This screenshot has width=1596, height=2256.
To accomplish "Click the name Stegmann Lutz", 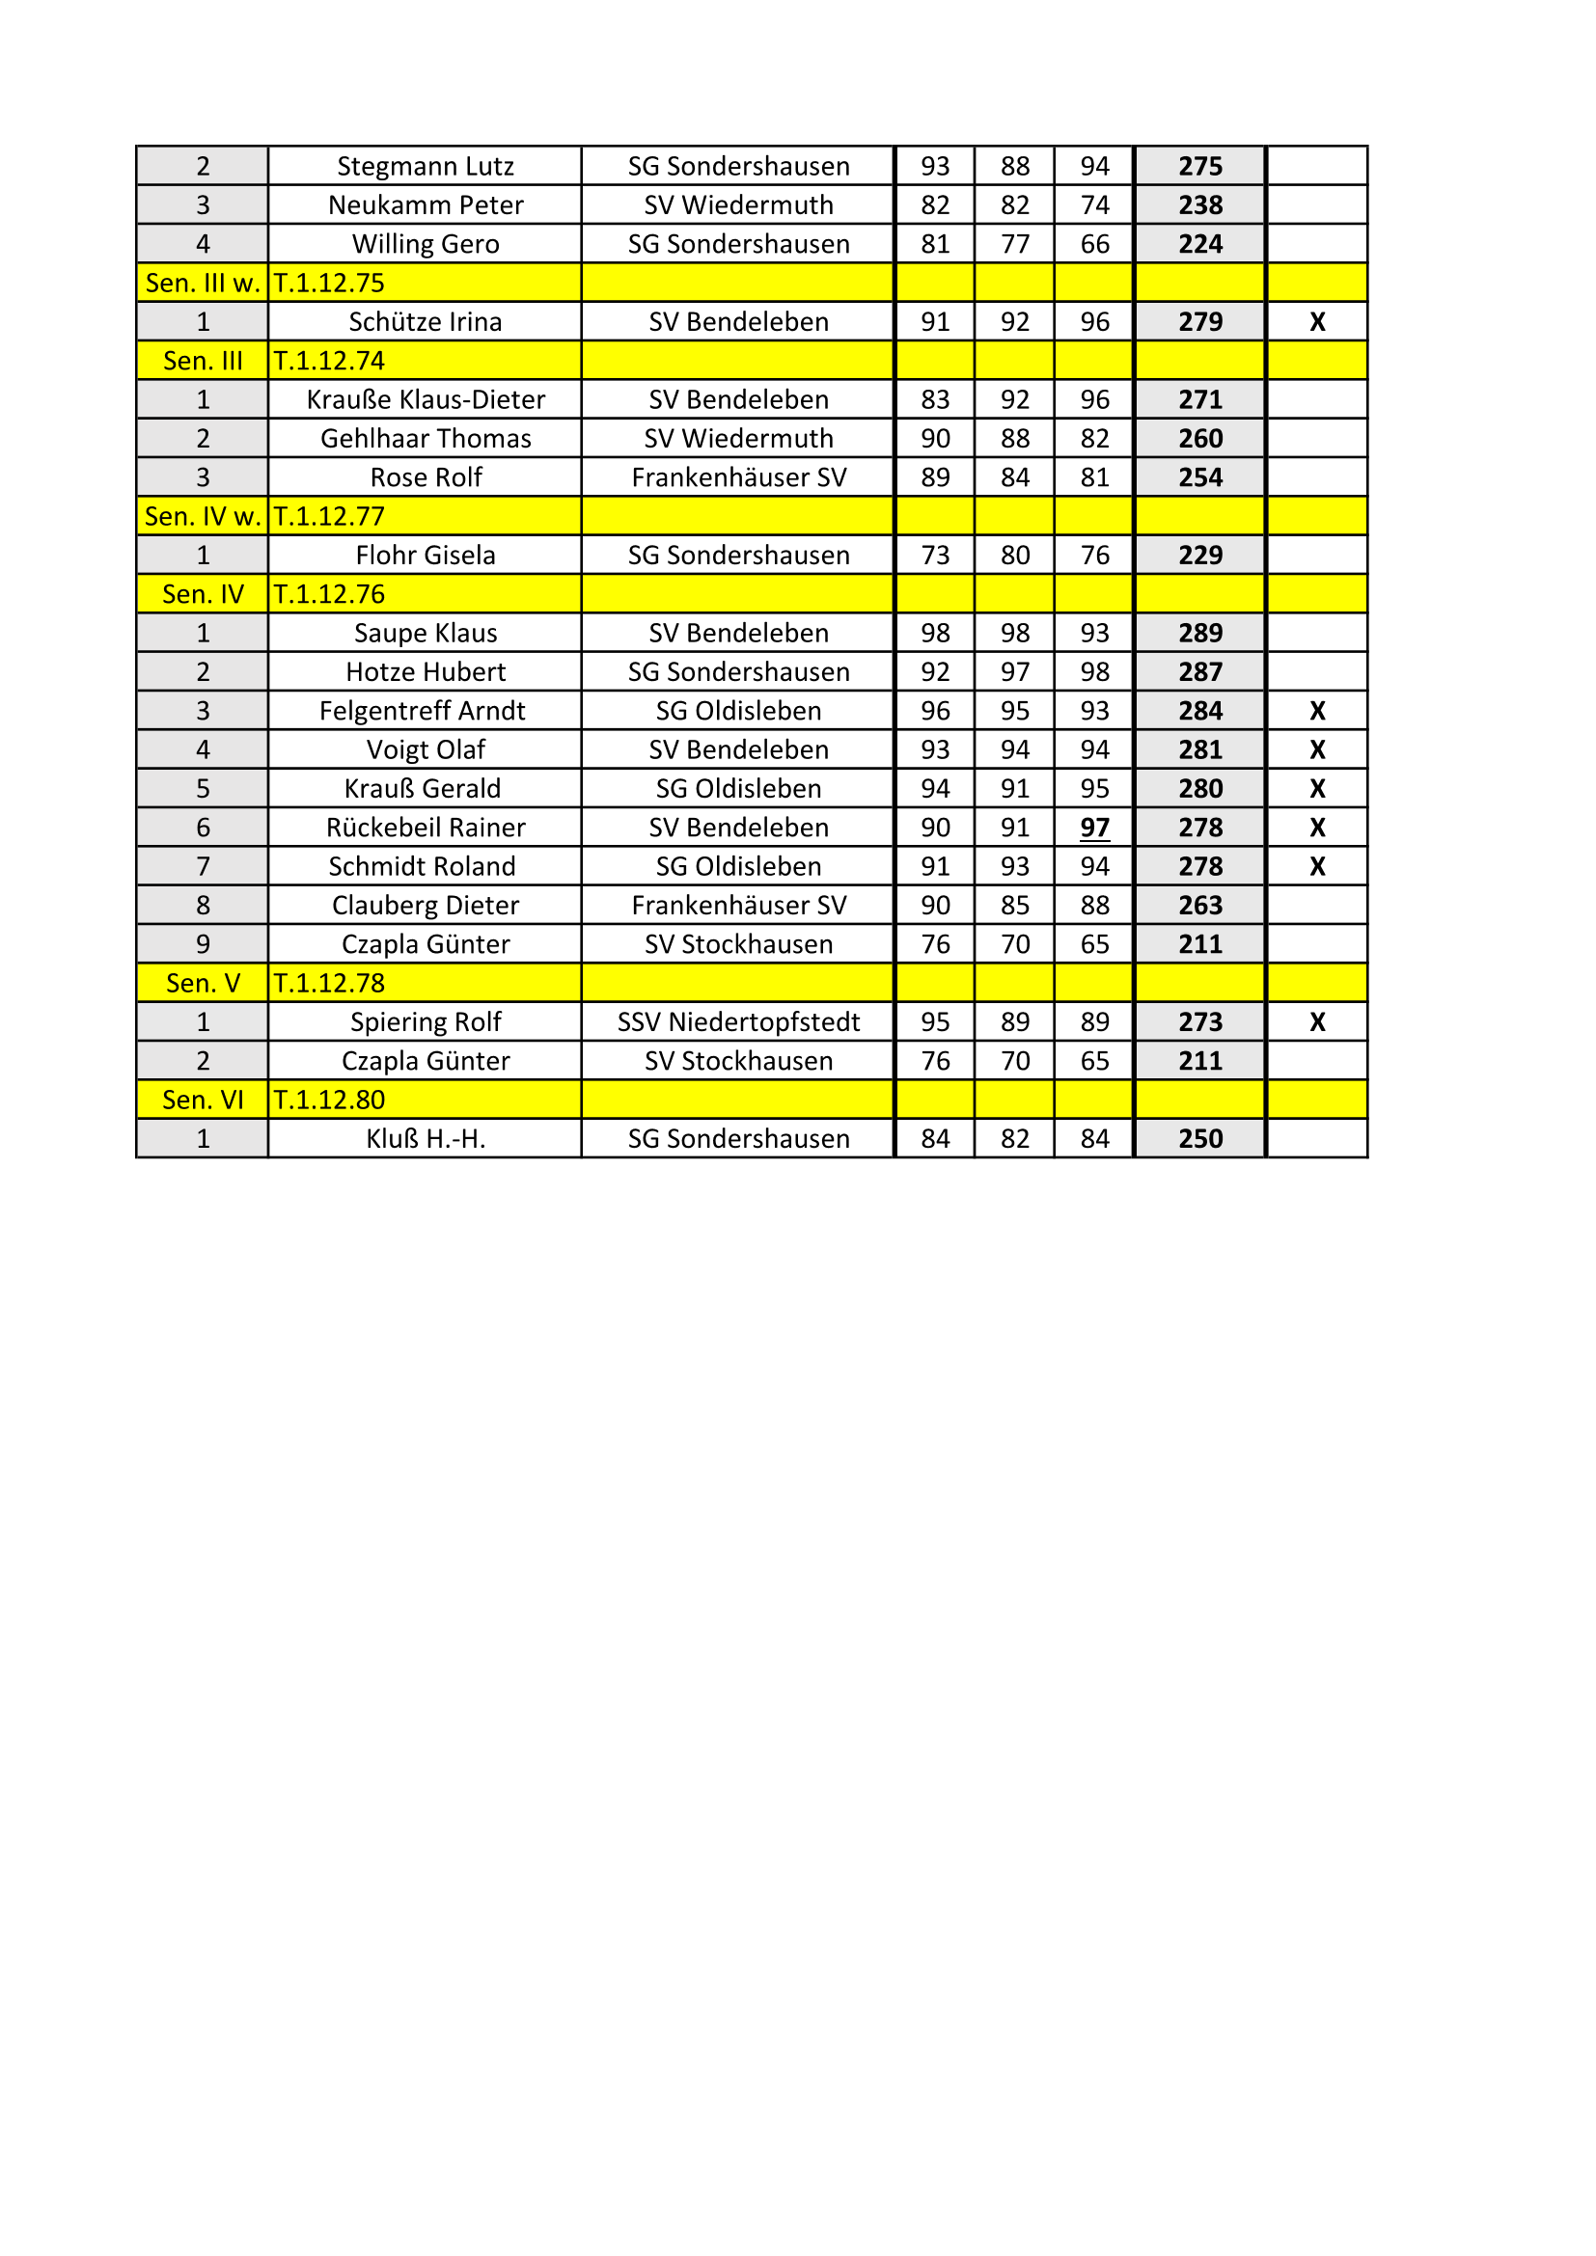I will point(425,166).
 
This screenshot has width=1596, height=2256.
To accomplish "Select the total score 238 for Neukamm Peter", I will point(1200,205).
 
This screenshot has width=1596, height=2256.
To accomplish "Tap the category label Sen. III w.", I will point(203,283).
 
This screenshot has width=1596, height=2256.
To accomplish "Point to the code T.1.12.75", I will point(329,283).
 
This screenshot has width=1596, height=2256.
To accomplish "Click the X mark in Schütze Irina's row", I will point(1317,322).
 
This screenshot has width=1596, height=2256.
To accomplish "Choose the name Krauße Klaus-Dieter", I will point(425,400).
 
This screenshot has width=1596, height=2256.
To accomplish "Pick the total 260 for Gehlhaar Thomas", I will point(1200,439).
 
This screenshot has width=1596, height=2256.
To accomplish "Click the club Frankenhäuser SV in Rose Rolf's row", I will point(738,477).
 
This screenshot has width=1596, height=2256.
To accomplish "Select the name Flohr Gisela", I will point(425,556).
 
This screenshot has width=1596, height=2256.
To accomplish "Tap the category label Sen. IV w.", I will point(203,517).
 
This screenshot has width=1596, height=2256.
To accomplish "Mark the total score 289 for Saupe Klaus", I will point(1200,634).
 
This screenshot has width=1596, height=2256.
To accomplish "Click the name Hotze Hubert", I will point(425,672).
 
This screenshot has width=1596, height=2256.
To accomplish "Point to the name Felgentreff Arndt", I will point(422,712).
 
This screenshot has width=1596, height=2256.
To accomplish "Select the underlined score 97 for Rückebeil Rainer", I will point(1094,829).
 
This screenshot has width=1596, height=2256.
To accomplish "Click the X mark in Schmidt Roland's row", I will point(1317,867).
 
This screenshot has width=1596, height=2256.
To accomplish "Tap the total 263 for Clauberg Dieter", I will point(1200,906).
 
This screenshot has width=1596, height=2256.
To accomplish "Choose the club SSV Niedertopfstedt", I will point(738,1022).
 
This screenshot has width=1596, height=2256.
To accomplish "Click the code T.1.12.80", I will point(329,1101).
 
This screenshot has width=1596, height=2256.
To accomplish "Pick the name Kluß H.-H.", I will point(425,1140).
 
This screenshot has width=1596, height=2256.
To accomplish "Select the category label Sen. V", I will point(203,984).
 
